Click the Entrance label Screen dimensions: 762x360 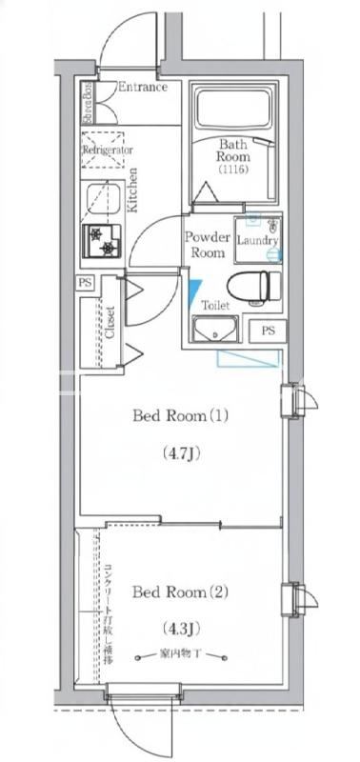[142, 88]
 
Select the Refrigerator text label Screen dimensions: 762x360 [107, 150]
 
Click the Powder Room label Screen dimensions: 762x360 [207, 245]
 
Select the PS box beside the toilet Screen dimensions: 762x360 [267, 330]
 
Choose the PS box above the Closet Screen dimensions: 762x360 [86, 283]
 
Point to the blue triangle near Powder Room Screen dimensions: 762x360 [195, 288]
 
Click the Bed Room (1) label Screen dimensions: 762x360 [181, 415]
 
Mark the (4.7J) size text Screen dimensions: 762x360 [180, 453]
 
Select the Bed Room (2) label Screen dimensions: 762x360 [181, 592]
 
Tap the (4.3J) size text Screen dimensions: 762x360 [180, 630]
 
